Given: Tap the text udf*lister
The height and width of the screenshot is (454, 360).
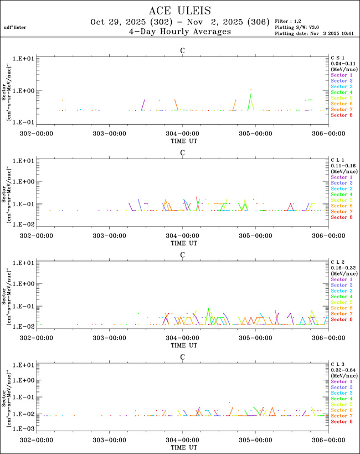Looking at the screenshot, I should click(x=15, y=27).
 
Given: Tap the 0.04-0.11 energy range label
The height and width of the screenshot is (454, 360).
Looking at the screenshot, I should click(x=340, y=63).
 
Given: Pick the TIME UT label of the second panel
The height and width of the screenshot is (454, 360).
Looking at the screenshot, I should click(x=182, y=236).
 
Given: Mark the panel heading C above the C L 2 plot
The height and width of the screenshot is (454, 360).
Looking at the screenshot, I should click(x=182, y=255).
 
